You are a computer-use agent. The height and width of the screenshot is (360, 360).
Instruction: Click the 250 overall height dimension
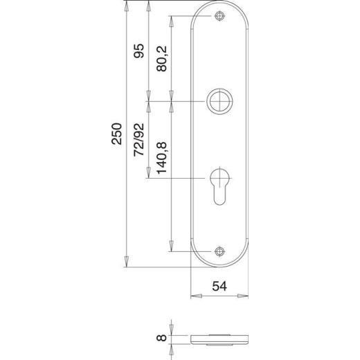pos(117,134)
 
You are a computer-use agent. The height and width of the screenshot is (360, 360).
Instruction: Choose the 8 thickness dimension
pos(161,339)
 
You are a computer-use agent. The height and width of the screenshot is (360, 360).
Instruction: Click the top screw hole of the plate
pos(220,17)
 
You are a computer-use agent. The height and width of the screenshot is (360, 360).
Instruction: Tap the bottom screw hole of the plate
pos(220,251)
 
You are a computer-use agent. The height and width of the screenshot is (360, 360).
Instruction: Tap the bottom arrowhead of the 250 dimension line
pos(126,262)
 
